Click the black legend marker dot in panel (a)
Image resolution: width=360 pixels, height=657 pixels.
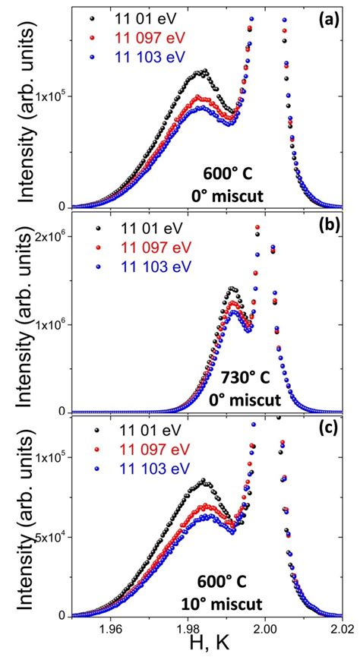click(x=93, y=17)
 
